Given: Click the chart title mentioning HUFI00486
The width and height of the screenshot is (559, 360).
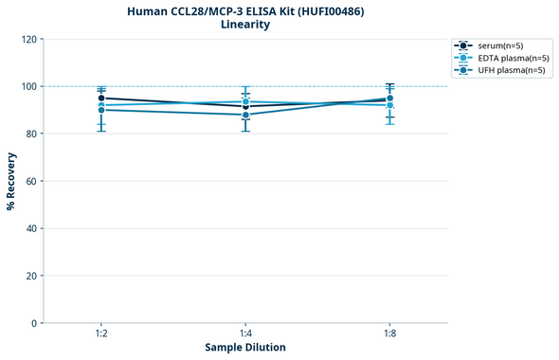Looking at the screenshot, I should coord(245,10).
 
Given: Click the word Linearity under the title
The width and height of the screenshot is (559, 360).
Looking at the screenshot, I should coord(245,25).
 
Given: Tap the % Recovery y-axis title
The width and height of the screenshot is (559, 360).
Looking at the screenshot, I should coord(11,180).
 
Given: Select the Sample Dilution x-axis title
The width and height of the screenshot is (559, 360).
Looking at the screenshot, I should coord(245,347).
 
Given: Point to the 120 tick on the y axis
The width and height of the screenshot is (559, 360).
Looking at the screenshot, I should coord(28,39).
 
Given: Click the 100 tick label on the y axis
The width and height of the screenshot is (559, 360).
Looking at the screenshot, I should coord(28,86).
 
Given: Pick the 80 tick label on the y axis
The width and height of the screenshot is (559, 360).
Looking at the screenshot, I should coord(30,134).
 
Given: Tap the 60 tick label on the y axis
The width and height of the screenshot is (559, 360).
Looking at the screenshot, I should coord(30,181).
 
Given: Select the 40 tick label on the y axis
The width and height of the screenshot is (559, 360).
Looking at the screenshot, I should coord(30,228).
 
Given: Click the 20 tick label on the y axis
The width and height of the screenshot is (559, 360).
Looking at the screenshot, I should coord(30,276).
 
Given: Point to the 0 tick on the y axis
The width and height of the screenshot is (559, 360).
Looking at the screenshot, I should coord(33,323).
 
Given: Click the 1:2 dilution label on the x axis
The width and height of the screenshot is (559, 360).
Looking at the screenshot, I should coord(100,333).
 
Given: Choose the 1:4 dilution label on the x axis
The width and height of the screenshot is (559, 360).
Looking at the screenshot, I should coord(245,333).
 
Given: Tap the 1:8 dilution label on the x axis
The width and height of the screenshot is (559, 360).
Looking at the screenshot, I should coord(389,333).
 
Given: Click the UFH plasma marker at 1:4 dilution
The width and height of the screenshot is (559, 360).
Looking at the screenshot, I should coord(245,115).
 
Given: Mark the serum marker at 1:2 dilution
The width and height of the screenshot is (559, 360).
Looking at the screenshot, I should coord(101,98).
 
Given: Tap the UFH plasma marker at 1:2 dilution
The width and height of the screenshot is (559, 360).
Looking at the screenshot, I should coord(101,110).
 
